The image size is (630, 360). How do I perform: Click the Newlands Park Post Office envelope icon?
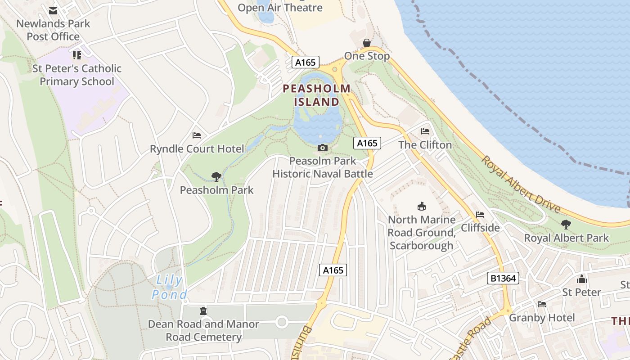[x=53, y=11]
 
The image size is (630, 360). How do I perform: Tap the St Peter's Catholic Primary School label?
[x=77, y=75]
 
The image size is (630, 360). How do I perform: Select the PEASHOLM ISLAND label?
[x=316, y=95]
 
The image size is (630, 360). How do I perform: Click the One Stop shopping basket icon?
[x=367, y=43]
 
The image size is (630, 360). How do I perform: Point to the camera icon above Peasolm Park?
[x=322, y=148]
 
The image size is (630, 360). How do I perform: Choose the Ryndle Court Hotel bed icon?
[x=197, y=135]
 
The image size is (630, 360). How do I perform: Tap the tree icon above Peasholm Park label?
[x=216, y=177]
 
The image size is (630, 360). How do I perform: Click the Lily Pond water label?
[x=170, y=288]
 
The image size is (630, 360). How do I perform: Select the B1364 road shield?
[x=503, y=278]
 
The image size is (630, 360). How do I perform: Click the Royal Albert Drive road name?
[x=521, y=184]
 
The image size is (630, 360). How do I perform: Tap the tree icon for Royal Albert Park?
[x=566, y=224]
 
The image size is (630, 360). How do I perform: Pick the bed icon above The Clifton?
[x=425, y=131]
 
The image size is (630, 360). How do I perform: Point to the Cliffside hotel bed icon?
[x=480, y=215]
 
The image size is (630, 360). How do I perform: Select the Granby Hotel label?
[x=542, y=318]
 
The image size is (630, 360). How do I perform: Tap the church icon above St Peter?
[x=582, y=279]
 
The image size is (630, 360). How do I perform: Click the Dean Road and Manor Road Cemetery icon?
[x=203, y=310]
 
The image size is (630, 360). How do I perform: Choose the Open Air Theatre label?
[x=280, y=8]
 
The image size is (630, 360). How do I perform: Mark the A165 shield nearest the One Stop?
[x=306, y=62]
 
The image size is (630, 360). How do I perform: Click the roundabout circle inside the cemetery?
[x=282, y=322]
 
